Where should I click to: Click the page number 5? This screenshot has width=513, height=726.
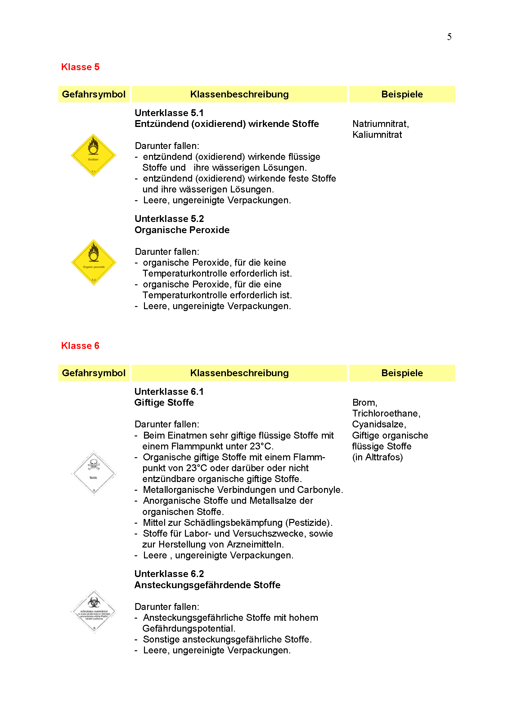click(x=449, y=37)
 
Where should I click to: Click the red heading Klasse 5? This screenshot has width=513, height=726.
click(x=80, y=67)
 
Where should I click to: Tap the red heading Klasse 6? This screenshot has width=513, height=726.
click(x=80, y=345)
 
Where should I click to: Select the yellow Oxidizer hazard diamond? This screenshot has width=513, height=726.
click(x=93, y=155)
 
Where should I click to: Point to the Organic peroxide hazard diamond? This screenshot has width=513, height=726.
click(x=93, y=263)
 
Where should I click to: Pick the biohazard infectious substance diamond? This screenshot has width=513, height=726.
click(x=94, y=611)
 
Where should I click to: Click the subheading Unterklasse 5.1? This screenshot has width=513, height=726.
click(x=169, y=113)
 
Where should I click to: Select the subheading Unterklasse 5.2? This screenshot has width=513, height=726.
click(x=169, y=219)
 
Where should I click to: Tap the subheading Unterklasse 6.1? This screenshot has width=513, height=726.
click(x=169, y=392)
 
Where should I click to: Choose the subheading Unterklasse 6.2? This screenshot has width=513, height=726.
click(x=169, y=574)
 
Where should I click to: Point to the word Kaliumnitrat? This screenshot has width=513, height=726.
click(x=377, y=135)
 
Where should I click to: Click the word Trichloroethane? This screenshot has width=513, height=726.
click(x=386, y=413)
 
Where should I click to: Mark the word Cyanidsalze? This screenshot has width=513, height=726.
click(x=379, y=424)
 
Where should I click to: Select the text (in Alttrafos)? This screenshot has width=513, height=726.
click(x=377, y=457)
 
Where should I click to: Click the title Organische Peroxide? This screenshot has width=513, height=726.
click(x=182, y=230)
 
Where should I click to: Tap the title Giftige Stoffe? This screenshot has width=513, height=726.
click(x=164, y=403)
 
